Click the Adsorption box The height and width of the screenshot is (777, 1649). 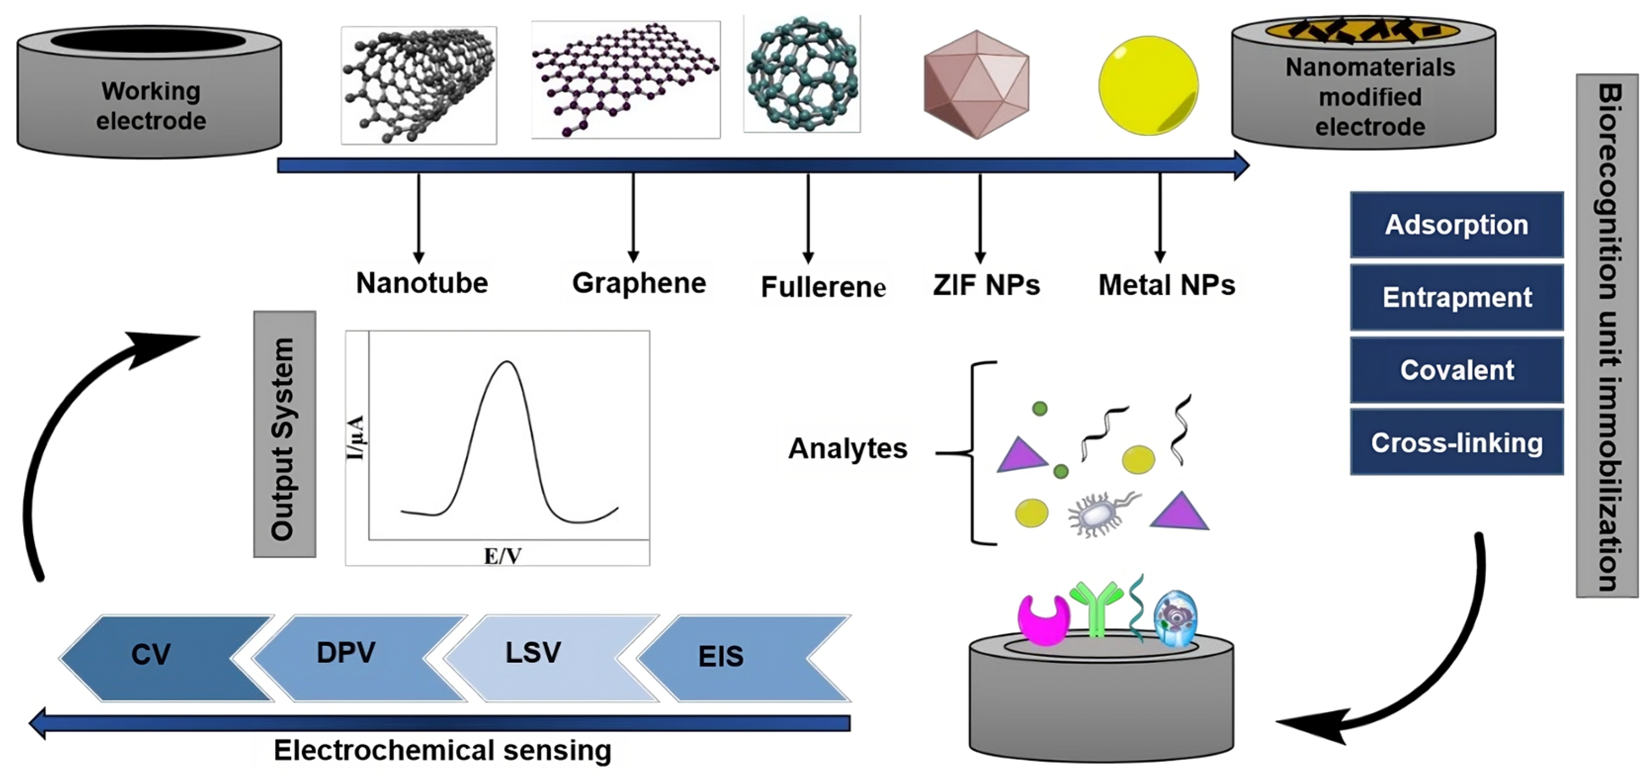coord(1456,225)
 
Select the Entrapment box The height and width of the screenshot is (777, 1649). coord(1456,297)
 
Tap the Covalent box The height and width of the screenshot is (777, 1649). coord(1456,370)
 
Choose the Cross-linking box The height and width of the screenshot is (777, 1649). coord(1456,443)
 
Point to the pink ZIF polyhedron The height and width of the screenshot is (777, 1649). coord(976,84)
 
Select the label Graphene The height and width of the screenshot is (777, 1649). coord(638,283)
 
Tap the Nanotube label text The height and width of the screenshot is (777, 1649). coord(422,283)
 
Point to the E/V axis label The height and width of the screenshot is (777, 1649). coord(502,556)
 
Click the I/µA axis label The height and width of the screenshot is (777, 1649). coord(355,437)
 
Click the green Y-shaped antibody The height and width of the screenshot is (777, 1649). coord(1096,607)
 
